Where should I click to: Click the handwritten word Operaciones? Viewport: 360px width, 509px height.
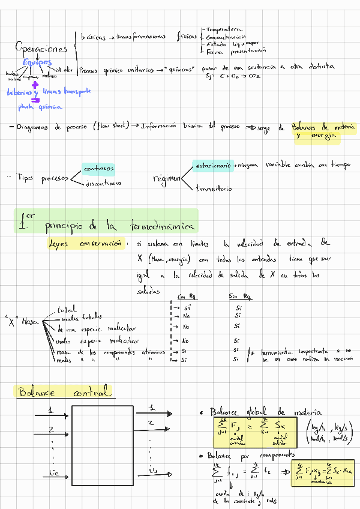click(41, 48)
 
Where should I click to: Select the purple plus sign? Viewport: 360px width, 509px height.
click(35, 85)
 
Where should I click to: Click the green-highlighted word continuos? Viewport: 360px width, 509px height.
click(99, 169)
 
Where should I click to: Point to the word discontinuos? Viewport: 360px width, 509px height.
click(103, 183)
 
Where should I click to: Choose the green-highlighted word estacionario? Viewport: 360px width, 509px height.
click(212, 164)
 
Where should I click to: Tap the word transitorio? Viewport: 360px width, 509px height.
click(214, 189)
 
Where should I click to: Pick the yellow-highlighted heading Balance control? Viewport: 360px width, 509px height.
click(64, 393)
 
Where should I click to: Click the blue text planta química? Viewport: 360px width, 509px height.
click(40, 107)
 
